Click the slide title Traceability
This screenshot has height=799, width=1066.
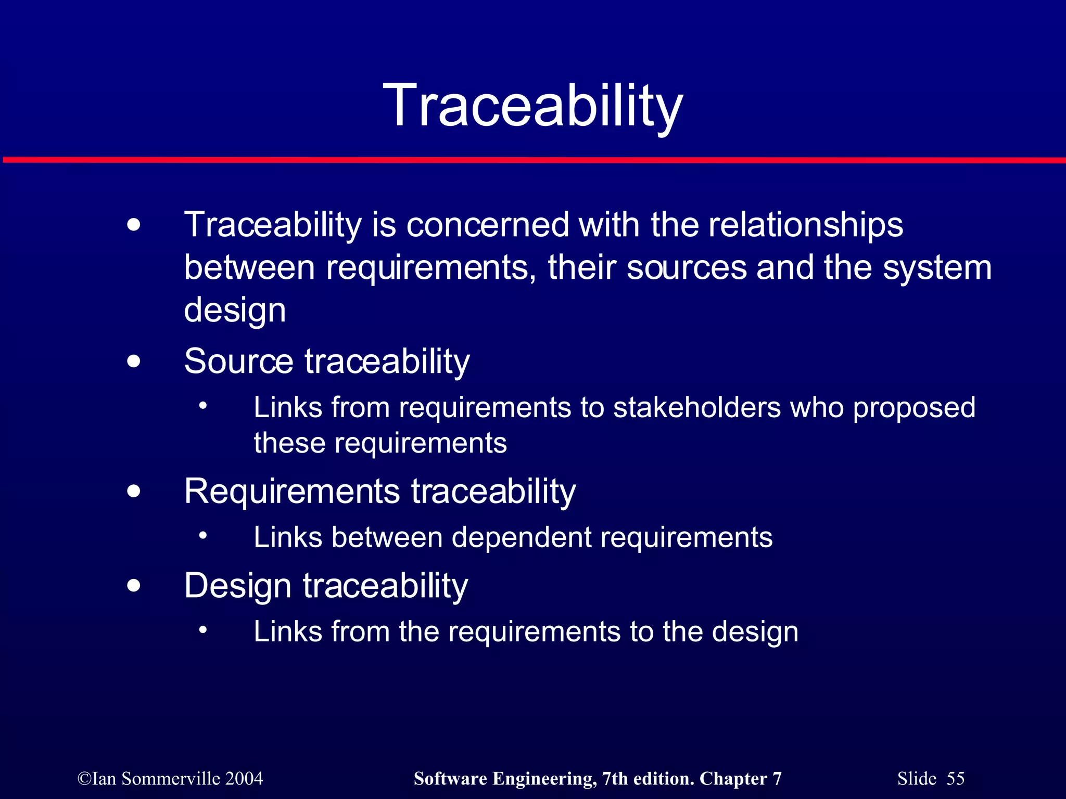tap(532, 107)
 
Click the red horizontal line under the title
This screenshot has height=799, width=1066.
tap(533, 160)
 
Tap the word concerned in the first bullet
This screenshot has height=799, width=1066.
tap(487, 225)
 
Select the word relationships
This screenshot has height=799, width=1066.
tap(805, 225)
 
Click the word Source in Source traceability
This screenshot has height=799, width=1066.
tap(239, 361)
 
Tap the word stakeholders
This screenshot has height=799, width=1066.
tap(697, 407)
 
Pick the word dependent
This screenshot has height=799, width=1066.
tap(522, 538)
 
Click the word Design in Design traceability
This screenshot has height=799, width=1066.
tap(237, 586)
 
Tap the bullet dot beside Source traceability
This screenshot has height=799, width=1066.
tap(134, 361)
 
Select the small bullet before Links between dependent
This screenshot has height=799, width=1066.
tap(203, 535)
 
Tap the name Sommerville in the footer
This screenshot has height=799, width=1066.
tap(171, 779)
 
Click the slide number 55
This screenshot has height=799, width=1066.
tap(955, 779)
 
